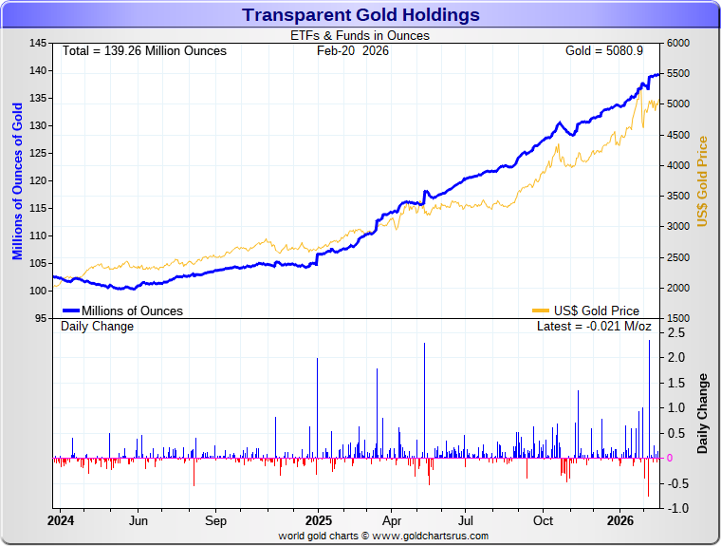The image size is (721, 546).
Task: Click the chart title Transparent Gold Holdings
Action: [x=360, y=15]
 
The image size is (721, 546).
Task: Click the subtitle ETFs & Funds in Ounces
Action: [x=360, y=36]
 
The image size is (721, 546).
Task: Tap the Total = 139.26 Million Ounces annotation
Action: [x=144, y=50]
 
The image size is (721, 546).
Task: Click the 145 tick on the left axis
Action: [x=38, y=44]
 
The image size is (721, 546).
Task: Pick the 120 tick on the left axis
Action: [x=38, y=180]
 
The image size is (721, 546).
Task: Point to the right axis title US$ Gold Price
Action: [x=703, y=180]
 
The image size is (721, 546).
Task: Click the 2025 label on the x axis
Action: [x=319, y=520]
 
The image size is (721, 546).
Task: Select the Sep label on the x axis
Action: [x=215, y=520]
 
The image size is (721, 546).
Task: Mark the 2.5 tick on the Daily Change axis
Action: [x=676, y=333]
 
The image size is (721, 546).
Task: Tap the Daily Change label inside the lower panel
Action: [x=98, y=327]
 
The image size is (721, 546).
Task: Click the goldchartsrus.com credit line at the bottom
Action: [x=383, y=536]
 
